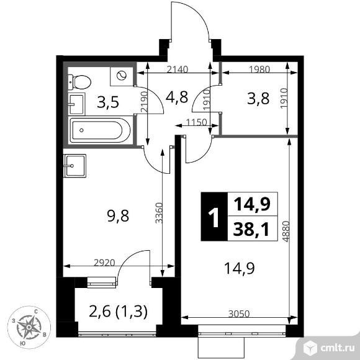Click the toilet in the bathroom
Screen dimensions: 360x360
(x=79, y=81)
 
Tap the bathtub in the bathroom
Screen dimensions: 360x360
(x=100, y=131)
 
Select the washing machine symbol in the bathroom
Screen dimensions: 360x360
(x=121, y=76)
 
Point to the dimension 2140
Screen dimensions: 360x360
(x=176, y=71)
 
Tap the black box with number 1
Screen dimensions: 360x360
(x=212, y=217)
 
